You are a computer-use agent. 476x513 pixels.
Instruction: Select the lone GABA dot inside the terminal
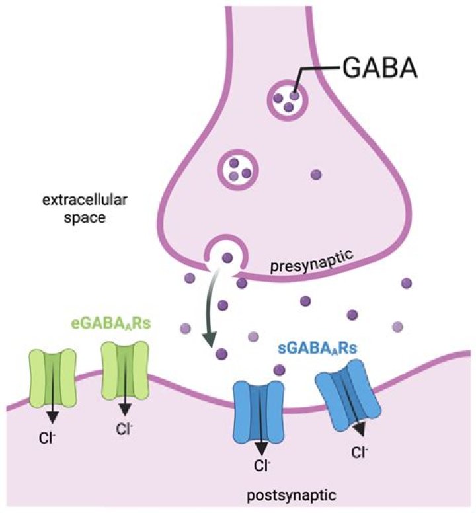point(317,175)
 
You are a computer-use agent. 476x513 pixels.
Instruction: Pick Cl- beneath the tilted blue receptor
point(359,452)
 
